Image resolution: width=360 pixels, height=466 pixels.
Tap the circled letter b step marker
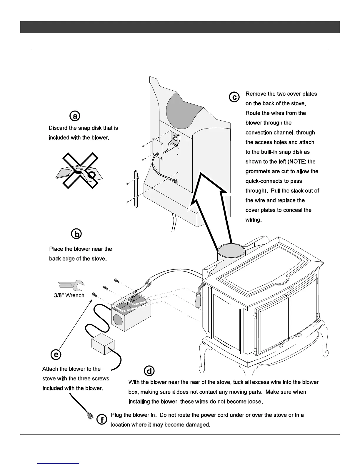coord(76,234)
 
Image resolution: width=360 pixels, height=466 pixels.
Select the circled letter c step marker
coord(234,97)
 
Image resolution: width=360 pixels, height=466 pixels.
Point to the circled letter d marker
coord(149,371)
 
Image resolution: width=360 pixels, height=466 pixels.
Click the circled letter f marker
coord(102,420)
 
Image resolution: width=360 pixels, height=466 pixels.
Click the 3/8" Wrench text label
coord(69,295)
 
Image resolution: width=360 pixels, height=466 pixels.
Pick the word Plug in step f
coord(117,415)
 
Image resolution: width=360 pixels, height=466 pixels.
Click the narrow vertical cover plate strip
coord(136,189)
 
